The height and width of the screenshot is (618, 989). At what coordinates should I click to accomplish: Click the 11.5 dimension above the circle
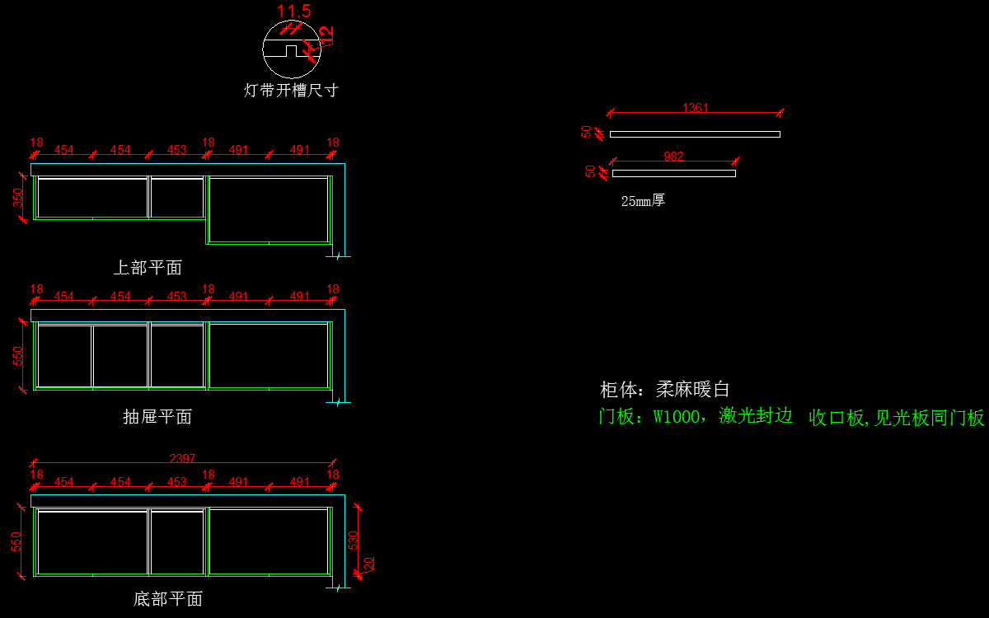[293, 12]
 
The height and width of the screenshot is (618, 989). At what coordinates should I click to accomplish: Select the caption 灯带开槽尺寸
[291, 91]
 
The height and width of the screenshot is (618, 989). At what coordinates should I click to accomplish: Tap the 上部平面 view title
[148, 268]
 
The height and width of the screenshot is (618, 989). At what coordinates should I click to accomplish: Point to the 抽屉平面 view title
[157, 417]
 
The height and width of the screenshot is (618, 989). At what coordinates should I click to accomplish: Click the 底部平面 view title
[168, 599]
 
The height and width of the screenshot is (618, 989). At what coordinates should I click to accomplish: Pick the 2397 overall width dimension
[182, 459]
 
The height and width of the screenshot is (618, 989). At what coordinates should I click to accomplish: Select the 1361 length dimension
[696, 108]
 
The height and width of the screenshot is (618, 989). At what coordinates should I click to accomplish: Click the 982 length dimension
[673, 157]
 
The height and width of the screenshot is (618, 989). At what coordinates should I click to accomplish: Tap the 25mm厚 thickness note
[643, 200]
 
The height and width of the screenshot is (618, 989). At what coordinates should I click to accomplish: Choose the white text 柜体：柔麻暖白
[664, 390]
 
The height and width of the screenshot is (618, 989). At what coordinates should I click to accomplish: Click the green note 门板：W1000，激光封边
[695, 416]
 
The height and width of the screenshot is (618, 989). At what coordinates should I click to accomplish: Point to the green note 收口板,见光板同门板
[897, 418]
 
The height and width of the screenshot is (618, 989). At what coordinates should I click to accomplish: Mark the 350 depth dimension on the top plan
[18, 199]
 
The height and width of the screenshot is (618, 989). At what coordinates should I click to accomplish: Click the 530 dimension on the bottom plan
[354, 541]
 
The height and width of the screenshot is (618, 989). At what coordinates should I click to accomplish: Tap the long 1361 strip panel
[695, 134]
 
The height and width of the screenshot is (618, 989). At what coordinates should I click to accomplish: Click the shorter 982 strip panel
[673, 173]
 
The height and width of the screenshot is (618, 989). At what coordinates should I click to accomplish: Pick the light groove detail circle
[291, 49]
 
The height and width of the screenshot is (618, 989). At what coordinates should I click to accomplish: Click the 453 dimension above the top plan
[176, 150]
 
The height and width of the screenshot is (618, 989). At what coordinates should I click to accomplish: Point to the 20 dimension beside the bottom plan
[369, 564]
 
